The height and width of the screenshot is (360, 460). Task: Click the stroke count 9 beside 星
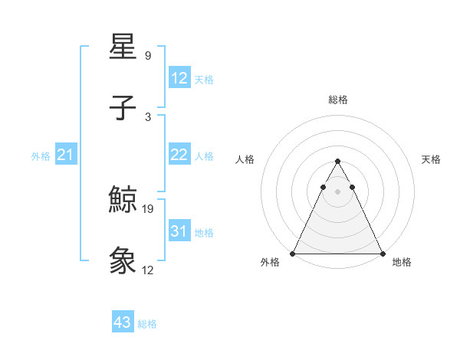[x=147, y=56]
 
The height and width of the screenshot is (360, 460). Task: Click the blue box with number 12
[x=179, y=78]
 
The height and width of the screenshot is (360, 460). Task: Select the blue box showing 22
[x=179, y=155]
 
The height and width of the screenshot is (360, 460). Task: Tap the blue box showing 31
[x=179, y=231]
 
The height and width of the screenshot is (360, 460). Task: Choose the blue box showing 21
[x=65, y=155]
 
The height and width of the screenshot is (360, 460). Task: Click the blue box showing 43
[x=123, y=322]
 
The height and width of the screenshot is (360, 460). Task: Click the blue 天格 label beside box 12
[x=204, y=80]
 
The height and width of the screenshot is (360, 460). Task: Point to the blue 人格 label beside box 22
[x=204, y=156]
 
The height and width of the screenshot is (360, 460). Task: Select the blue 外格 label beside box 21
[x=41, y=156]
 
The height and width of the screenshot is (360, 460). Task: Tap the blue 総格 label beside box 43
[x=147, y=324]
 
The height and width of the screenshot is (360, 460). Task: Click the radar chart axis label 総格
[x=337, y=100]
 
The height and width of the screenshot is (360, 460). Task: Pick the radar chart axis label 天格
[x=431, y=159]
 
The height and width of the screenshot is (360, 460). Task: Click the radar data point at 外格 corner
[x=293, y=254]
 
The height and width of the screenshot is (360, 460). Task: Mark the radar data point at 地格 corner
[x=382, y=254]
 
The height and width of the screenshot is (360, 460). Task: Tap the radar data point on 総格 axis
[x=337, y=161]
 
